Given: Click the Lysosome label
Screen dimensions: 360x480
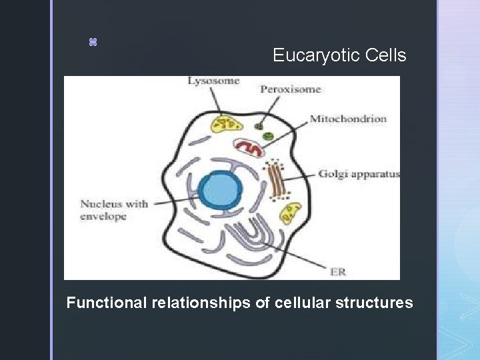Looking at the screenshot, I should pyautogui.click(x=213, y=81).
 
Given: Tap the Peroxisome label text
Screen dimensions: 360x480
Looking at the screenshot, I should pyautogui.click(x=290, y=89).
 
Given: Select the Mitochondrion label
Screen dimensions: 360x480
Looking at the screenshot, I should pyautogui.click(x=348, y=119).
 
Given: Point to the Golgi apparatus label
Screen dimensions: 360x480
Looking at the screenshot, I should pyautogui.click(x=359, y=175).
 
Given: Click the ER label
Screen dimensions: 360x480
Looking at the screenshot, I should pyautogui.click(x=338, y=272).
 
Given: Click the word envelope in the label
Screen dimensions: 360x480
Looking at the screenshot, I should pyautogui.click(x=103, y=217).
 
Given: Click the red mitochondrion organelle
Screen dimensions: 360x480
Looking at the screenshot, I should pyautogui.click(x=251, y=149).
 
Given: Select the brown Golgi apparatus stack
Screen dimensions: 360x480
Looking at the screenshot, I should pyautogui.click(x=277, y=179).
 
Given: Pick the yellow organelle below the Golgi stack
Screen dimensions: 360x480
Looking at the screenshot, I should pyautogui.click(x=290, y=213).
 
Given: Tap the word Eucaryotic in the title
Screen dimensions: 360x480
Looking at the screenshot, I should pyautogui.click(x=317, y=55).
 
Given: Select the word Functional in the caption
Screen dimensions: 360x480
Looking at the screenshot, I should pyautogui.click(x=107, y=303).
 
